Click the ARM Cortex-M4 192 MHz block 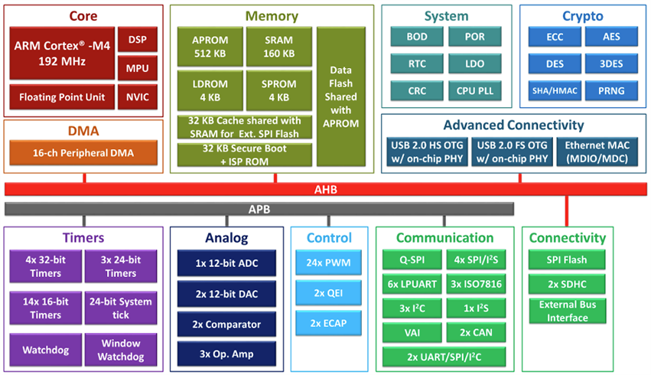[63, 52]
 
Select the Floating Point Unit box [61, 97]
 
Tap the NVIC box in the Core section [138, 97]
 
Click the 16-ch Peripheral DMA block [83, 153]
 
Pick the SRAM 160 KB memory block [278, 47]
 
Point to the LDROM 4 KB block [209, 91]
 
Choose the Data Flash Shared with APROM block [341, 97]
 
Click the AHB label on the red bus [325, 189]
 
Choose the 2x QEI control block [329, 293]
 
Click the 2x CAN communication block [475, 333]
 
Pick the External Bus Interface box [567, 311]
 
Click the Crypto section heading [582, 16]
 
